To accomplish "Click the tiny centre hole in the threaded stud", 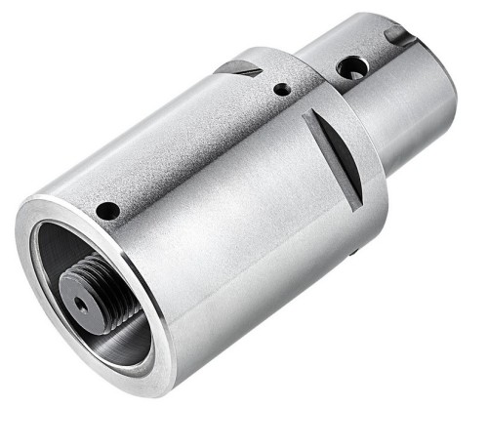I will pos(82,305).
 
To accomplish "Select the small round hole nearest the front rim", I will pos(109,211).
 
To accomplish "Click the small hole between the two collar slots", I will pos(281,89).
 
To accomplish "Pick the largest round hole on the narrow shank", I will pos(351,68).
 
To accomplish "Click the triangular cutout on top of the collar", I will pos(239,68).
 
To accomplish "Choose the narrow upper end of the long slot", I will pos(310,115).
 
